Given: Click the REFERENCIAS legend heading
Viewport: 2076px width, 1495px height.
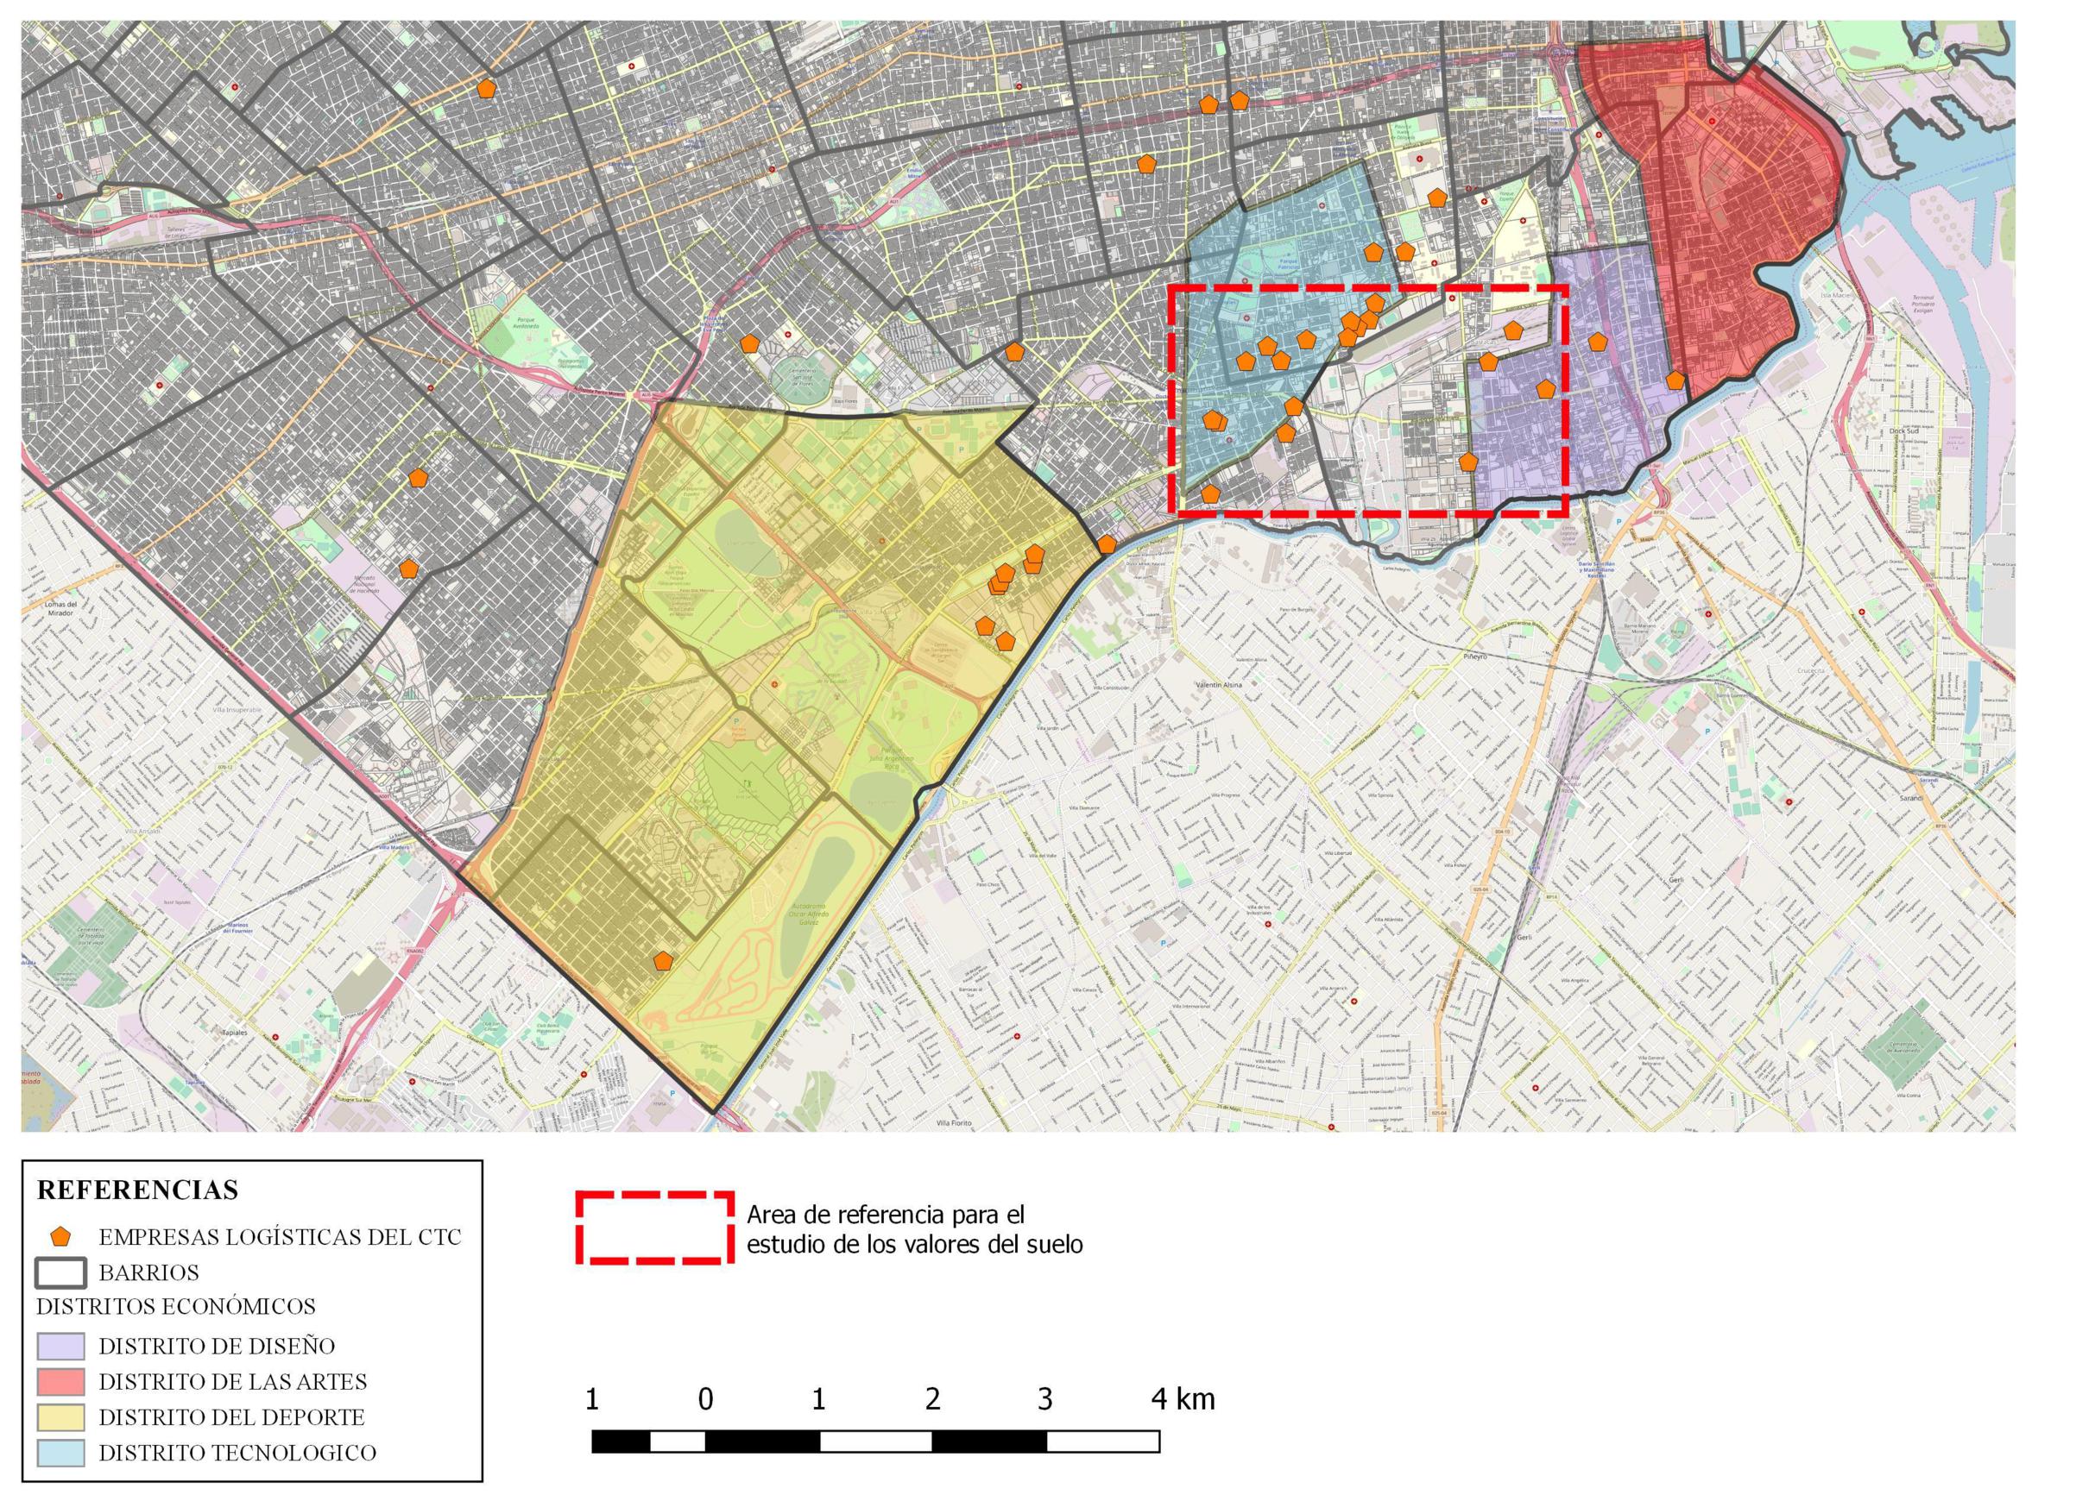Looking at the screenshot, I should [137, 1190].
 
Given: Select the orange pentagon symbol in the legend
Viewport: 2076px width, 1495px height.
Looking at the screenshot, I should [60, 1237].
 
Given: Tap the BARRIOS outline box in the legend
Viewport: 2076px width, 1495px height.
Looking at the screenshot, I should [60, 1272].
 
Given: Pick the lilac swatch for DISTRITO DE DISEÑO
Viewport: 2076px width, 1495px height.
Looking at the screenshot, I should [60, 1346].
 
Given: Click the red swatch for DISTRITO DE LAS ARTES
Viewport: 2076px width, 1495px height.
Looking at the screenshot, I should [60, 1381].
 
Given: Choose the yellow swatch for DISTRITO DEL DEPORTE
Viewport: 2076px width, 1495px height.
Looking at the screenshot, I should [60, 1417].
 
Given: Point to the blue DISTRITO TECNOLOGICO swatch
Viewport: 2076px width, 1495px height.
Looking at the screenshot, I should [60, 1453].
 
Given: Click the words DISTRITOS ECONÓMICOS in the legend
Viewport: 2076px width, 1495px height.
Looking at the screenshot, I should [176, 1307].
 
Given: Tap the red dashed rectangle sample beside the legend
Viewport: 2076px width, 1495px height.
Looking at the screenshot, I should [654, 1228].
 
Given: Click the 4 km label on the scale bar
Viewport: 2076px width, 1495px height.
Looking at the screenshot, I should [1183, 1399].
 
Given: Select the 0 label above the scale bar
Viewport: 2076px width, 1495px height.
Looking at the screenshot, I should [705, 1399].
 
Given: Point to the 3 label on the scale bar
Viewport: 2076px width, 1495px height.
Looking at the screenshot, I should [1045, 1399].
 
